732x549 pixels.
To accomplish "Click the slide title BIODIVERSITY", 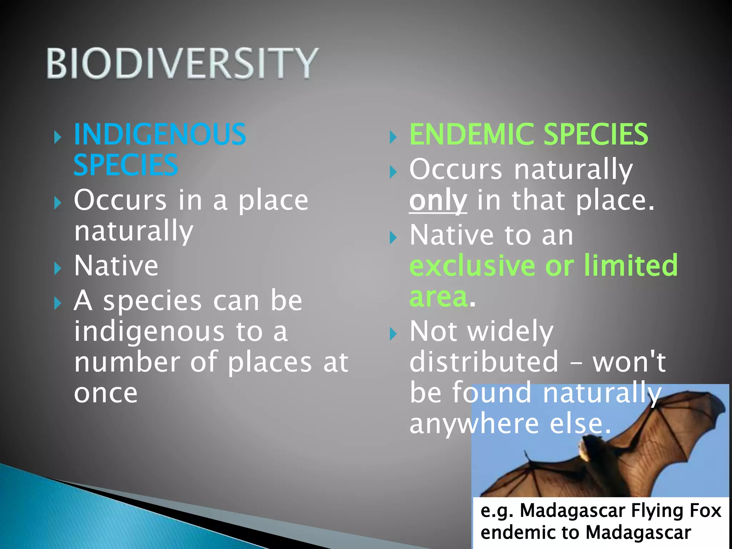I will (x=182, y=63).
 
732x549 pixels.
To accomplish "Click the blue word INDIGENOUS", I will (x=160, y=134).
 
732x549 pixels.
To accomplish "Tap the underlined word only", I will (x=438, y=201).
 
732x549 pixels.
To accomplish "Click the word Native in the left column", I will (x=116, y=266).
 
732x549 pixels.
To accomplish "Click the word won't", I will (x=629, y=362).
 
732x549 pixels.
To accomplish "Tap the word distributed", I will (x=484, y=362).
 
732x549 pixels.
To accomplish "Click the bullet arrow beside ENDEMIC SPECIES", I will (x=393, y=137).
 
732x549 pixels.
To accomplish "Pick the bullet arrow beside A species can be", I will (x=57, y=303).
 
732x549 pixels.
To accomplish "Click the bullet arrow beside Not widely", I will (x=393, y=334).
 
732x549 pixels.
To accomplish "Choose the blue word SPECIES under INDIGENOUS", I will (x=125, y=165).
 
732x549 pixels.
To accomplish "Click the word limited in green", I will (x=631, y=266).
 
